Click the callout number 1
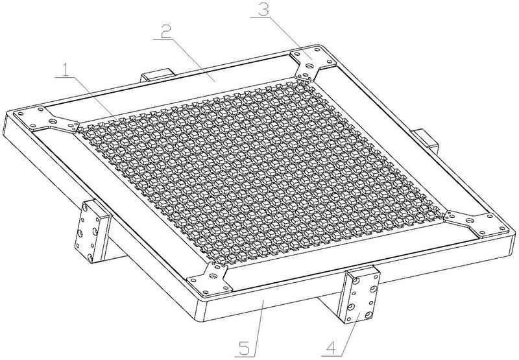click(x=67, y=69)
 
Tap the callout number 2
click(x=166, y=32)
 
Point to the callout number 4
click(x=332, y=348)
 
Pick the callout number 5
click(x=246, y=348)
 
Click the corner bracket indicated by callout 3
click(x=309, y=62)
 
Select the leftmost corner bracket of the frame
click(x=46, y=119)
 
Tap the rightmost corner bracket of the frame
click(x=476, y=223)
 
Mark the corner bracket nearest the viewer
click(x=209, y=280)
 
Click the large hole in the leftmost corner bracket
click(x=53, y=121)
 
